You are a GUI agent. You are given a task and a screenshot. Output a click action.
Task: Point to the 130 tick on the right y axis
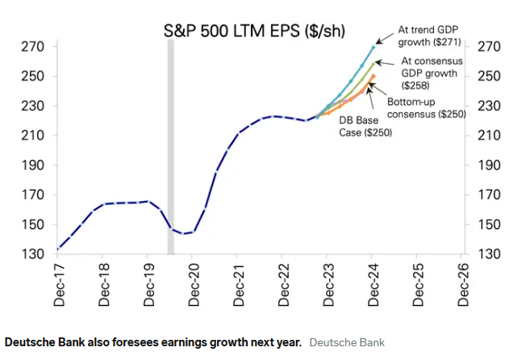[x=490, y=254]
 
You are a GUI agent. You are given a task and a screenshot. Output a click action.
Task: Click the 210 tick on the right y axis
[x=490, y=136]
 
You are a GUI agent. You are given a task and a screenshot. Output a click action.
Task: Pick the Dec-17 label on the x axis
[x=58, y=287]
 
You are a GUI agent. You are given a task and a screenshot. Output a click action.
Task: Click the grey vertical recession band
[x=170, y=145]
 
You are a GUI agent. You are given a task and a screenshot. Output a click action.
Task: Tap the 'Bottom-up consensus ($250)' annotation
[x=425, y=108]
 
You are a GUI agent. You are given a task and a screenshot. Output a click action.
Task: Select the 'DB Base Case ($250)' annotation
[x=365, y=127]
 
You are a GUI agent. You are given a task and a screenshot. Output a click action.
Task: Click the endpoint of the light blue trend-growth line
[x=374, y=47]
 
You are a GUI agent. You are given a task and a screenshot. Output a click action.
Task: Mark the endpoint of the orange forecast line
[x=373, y=76]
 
